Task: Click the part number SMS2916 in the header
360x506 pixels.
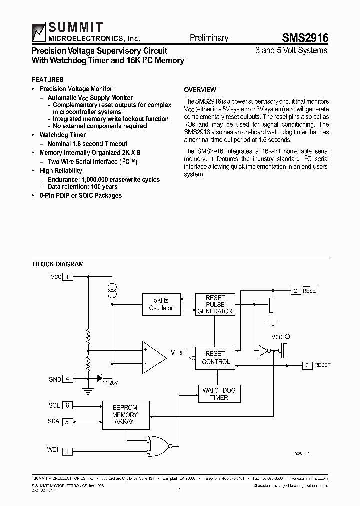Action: click(x=305, y=38)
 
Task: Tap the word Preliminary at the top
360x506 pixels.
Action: click(x=209, y=38)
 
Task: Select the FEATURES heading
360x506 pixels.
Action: click(x=48, y=80)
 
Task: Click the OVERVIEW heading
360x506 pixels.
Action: click(x=200, y=90)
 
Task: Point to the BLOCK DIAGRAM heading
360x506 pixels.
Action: click(x=58, y=264)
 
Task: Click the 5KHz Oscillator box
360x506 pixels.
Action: click(x=161, y=304)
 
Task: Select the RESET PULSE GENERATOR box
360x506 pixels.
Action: click(x=215, y=304)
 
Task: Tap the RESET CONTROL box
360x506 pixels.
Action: click(x=216, y=358)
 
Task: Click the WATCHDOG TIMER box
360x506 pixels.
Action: click(x=219, y=394)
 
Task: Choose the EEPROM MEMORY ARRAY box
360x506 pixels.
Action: click(x=124, y=415)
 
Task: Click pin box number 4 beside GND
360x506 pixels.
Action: click(x=68, y=379)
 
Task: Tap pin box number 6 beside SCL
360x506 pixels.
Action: click(x=68, y=406)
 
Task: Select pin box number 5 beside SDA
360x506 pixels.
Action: click(x=68, y=422)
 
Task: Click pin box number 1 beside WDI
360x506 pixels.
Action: click(x=68, y=451)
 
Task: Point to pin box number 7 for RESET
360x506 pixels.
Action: click(x=307, y=365)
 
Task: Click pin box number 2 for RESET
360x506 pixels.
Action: click(x=296, y=290)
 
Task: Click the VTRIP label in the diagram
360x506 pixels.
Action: click(x=178, y=353)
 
